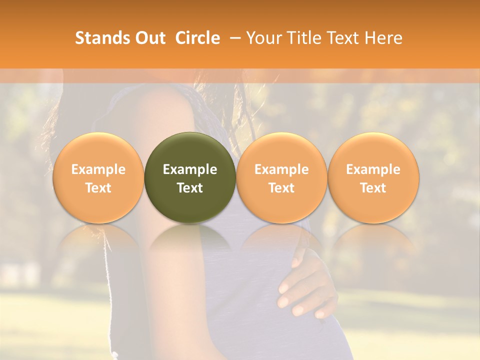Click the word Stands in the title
pos(99,38)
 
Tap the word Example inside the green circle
pos(190,169)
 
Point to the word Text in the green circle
pos(190,188)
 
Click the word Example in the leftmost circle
pos(98,169)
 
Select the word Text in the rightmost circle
pos(373,188)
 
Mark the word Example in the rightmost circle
pos(373,169)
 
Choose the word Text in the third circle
pos(281,188)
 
